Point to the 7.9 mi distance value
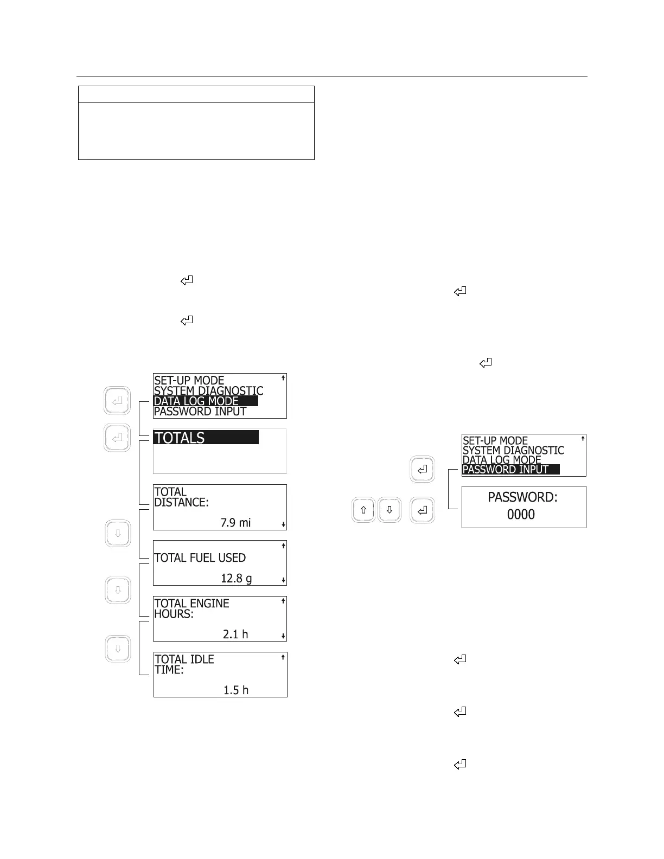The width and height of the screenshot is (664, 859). point(235,523)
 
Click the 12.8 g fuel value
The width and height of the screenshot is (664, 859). point(236,579)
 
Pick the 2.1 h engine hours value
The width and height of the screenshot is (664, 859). point(235,634)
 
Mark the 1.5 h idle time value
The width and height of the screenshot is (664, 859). point(236,690)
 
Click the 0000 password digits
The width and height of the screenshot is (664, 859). point(521,514)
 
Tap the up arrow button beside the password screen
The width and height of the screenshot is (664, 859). point(363,510)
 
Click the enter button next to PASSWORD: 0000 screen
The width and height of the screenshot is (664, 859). point(423,510)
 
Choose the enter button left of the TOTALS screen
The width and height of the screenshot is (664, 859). point(117,438)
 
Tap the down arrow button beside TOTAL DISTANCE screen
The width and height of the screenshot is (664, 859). point(118,534)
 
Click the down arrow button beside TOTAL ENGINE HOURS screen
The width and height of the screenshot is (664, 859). point(118,649)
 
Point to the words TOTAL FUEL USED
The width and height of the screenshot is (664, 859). point(200,558)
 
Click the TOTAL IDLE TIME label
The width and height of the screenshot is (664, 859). point(184,664)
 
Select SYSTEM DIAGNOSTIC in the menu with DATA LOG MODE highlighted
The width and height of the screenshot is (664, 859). point(208,391)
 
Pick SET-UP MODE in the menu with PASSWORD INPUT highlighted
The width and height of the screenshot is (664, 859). point(495,441)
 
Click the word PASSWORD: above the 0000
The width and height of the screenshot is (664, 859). point(522,497)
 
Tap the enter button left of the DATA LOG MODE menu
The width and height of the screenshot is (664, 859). point(117,401)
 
